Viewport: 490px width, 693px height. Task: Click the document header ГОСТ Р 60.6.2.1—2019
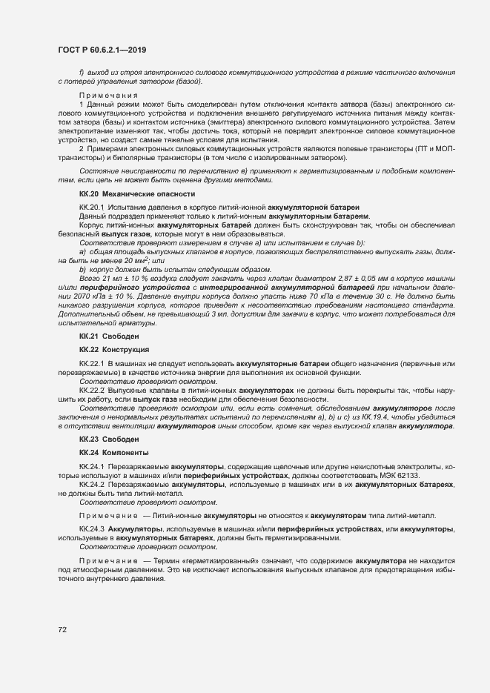[102, 50]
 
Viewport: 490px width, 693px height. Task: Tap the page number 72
[63, 630]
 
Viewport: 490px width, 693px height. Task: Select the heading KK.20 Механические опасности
[126, 193]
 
